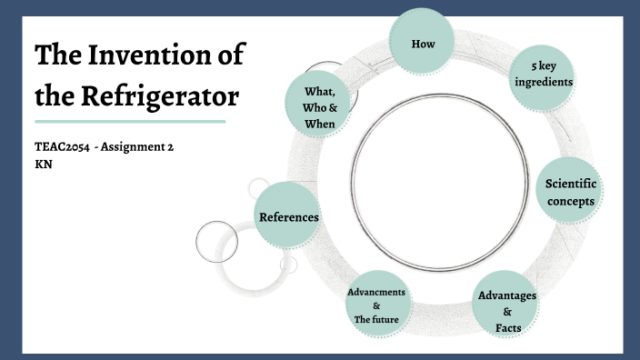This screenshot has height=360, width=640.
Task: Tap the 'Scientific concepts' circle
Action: click(x=570, y=192)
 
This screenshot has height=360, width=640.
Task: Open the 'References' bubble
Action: click(x=288, y=216)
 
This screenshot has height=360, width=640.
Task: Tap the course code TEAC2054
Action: click(x=61, y=148)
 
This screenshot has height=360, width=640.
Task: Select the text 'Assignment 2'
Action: click(x=141, y=148)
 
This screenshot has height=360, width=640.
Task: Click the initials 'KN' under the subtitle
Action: click(x=42, y=165)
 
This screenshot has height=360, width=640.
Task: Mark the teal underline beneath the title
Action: click(x=129, y=121)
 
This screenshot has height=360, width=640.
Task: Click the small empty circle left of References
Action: click(x=216, y=241)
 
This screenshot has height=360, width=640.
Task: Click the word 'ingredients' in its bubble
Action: click(x=544, y=83)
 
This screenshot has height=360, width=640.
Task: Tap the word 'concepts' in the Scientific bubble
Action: click(x=570, y=201)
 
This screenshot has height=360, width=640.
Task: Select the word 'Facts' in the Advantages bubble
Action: click(x=507, y=326)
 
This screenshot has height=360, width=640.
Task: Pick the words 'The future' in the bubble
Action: click(x=376, y=319)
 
